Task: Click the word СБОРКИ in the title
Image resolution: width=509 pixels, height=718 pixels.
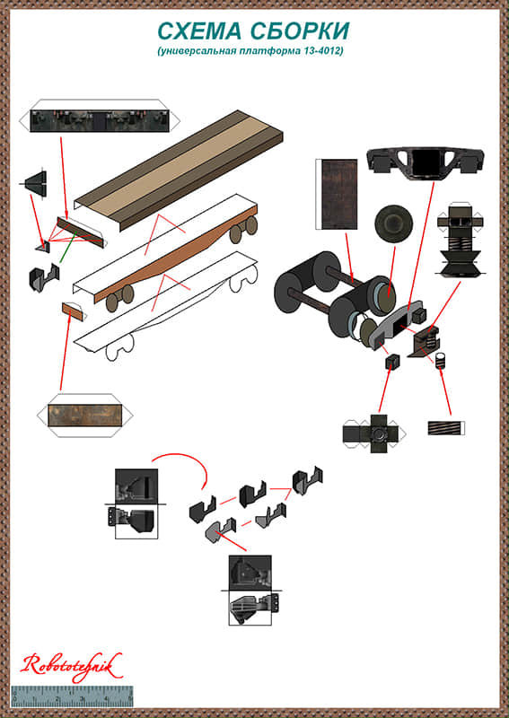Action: (302, 31)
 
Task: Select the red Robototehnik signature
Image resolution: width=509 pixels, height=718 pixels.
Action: (71, 667)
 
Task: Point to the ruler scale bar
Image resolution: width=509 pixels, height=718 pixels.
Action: (72, 696)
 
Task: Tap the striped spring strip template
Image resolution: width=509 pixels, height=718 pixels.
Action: (446, 428)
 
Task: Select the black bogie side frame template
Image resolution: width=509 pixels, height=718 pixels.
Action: (426, 163)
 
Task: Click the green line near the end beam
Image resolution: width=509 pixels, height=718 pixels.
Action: (67, 247)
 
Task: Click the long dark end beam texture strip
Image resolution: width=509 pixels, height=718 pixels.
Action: (100, 121)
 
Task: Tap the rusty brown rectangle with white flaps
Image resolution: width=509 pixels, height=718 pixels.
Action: (84, 415)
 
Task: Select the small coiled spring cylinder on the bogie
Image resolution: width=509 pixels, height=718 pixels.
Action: (441, 361)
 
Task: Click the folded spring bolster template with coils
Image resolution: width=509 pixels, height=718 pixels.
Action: (460, 241)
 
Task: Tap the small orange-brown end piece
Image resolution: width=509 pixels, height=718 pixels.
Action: (73, 312)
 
